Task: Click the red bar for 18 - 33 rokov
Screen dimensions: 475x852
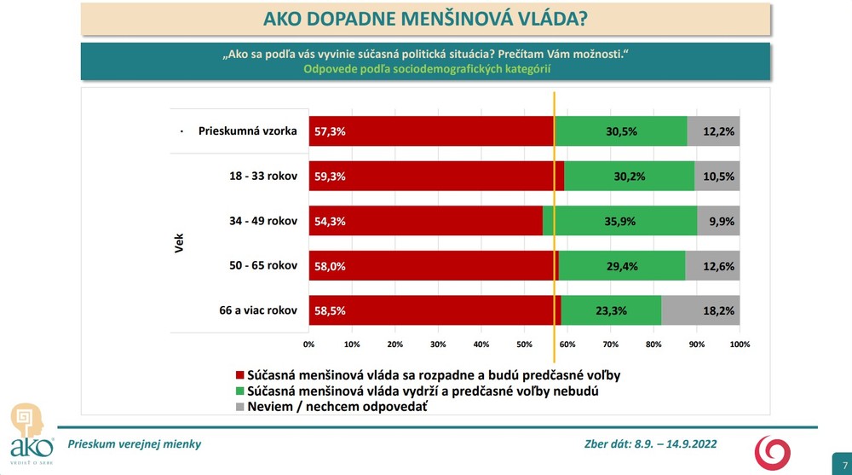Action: [x=435, y=177]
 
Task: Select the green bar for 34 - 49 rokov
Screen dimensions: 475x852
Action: [x=620, y=221]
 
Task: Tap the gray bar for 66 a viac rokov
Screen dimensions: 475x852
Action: [x=700, y=310]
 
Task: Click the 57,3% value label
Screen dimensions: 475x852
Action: [x=330, y=131]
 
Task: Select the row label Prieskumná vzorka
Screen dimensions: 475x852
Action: [x=247, y=131]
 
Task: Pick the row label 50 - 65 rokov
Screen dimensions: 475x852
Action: [x=258, y=266]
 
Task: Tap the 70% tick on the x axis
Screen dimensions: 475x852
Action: [x=610, y=345]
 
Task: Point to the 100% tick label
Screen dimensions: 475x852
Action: [x=740, y=345]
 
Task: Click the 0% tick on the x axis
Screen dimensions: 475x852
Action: [x=309, y=345]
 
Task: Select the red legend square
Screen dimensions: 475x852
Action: [x=239, y=375]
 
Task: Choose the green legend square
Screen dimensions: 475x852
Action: [x=239, y=391]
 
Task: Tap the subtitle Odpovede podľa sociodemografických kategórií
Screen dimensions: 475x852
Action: [x=425, y=70]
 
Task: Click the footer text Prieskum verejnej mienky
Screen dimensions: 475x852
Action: [x=134, y=444]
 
